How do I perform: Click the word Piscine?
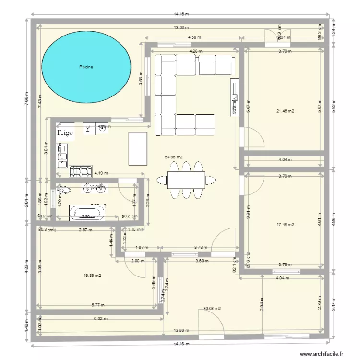86,67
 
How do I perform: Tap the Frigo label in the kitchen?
65,133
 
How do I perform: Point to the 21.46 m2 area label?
285,111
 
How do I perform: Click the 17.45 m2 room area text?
285,224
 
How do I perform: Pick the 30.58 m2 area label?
212,309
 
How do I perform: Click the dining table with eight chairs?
186,180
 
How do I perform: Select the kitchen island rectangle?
137,149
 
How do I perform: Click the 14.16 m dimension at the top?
181,15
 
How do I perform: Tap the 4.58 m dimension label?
194,37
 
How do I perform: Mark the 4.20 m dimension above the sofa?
193,51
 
